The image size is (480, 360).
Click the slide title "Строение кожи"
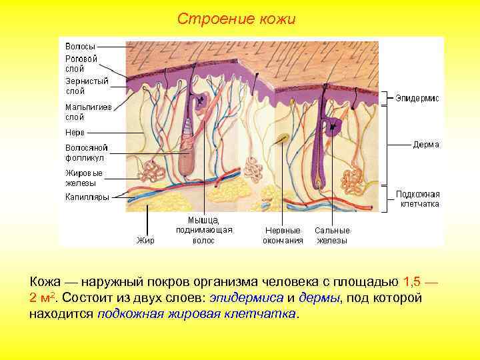tap(236, 19)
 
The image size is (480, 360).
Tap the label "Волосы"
tap(80, 47)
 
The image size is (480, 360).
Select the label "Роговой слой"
tap(81, 63)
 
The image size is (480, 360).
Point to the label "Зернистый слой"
tap(87, 85)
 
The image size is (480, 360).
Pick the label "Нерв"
tap(75, 132)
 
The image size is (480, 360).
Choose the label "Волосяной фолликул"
tap(86, 153)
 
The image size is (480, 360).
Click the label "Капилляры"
tap(87, 197)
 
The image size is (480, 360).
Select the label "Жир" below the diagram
tap(145, 241)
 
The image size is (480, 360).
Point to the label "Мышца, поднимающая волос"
tap(203, 230)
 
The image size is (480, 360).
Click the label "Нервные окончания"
tap(283, 235)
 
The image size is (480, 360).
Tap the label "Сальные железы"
tap(332, 235)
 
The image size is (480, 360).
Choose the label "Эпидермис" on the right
tap(417, 98)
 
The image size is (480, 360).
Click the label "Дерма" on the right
tap(425, 144)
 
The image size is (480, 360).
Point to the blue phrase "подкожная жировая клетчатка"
tap(197, 313)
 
